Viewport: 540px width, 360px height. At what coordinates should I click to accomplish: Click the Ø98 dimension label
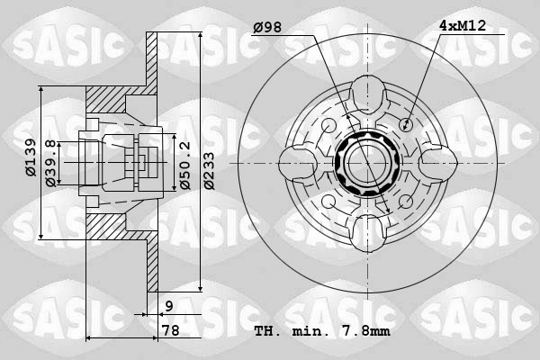coord(267,27)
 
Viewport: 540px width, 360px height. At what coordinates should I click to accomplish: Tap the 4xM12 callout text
coord(463,25)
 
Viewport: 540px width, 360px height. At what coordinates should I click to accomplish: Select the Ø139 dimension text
coord(31,157)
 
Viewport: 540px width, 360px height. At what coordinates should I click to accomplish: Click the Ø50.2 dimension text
coord(184,165)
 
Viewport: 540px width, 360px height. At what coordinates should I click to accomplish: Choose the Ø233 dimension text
coord(209,171)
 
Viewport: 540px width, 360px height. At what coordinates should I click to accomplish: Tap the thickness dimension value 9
coord(169,306)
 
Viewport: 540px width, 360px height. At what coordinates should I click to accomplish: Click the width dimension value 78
coord(171,330)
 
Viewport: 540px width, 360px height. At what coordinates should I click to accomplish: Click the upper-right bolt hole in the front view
coord(407,123)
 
